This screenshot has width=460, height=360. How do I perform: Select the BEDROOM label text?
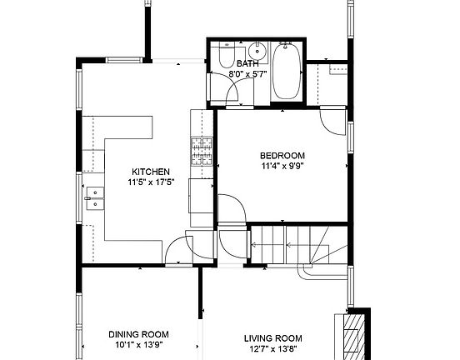(x=282, y=155)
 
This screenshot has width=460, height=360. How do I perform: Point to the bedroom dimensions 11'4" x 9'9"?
(x=282, y=166)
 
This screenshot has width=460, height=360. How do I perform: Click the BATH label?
(x=247, y=63)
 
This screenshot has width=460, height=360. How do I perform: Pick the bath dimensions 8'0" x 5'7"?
(x=247, y=74)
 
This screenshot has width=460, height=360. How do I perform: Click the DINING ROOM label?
(x=137, y=334)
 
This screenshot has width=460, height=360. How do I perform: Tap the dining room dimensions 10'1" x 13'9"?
(x=137, y=344)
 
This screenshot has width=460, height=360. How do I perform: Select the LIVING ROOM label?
(x=272, y=337)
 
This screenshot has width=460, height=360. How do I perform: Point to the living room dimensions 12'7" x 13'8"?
(x=272, y=348)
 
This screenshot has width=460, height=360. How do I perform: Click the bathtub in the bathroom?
(x=286, y=72)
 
